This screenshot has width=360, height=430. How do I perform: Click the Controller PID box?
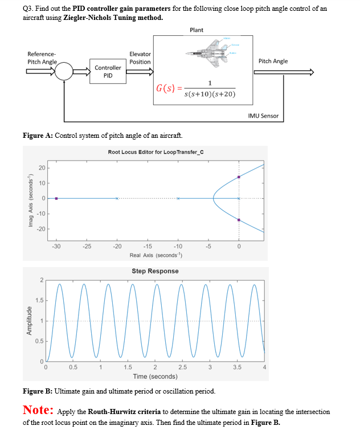[x=108, y=72]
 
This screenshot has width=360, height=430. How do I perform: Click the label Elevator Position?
[x=140, y=58]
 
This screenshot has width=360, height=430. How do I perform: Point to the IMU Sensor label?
[x=263, y=116]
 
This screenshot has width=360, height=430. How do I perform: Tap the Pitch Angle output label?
[x=273, y=61]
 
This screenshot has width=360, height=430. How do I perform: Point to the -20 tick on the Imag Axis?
[x=41, y=229]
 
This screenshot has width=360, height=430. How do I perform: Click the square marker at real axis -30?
[x=56, y=198]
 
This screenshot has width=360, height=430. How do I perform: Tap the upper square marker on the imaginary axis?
[x=239, y=177]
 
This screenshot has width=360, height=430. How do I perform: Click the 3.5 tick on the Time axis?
[x=237, y=367]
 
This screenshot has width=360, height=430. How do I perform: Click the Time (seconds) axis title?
[x=155, y=376]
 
